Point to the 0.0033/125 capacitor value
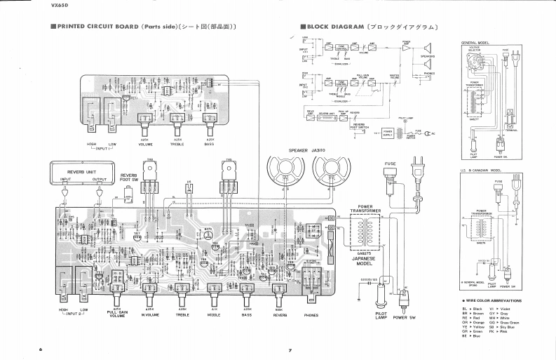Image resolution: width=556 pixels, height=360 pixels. point(369,280)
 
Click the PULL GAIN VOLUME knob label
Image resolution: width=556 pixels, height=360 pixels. point(117,312)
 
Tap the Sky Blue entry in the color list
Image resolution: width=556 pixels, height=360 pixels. point(507,327)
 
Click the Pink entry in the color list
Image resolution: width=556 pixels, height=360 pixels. point(504,332)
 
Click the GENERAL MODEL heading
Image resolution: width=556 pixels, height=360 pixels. point(475,43)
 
